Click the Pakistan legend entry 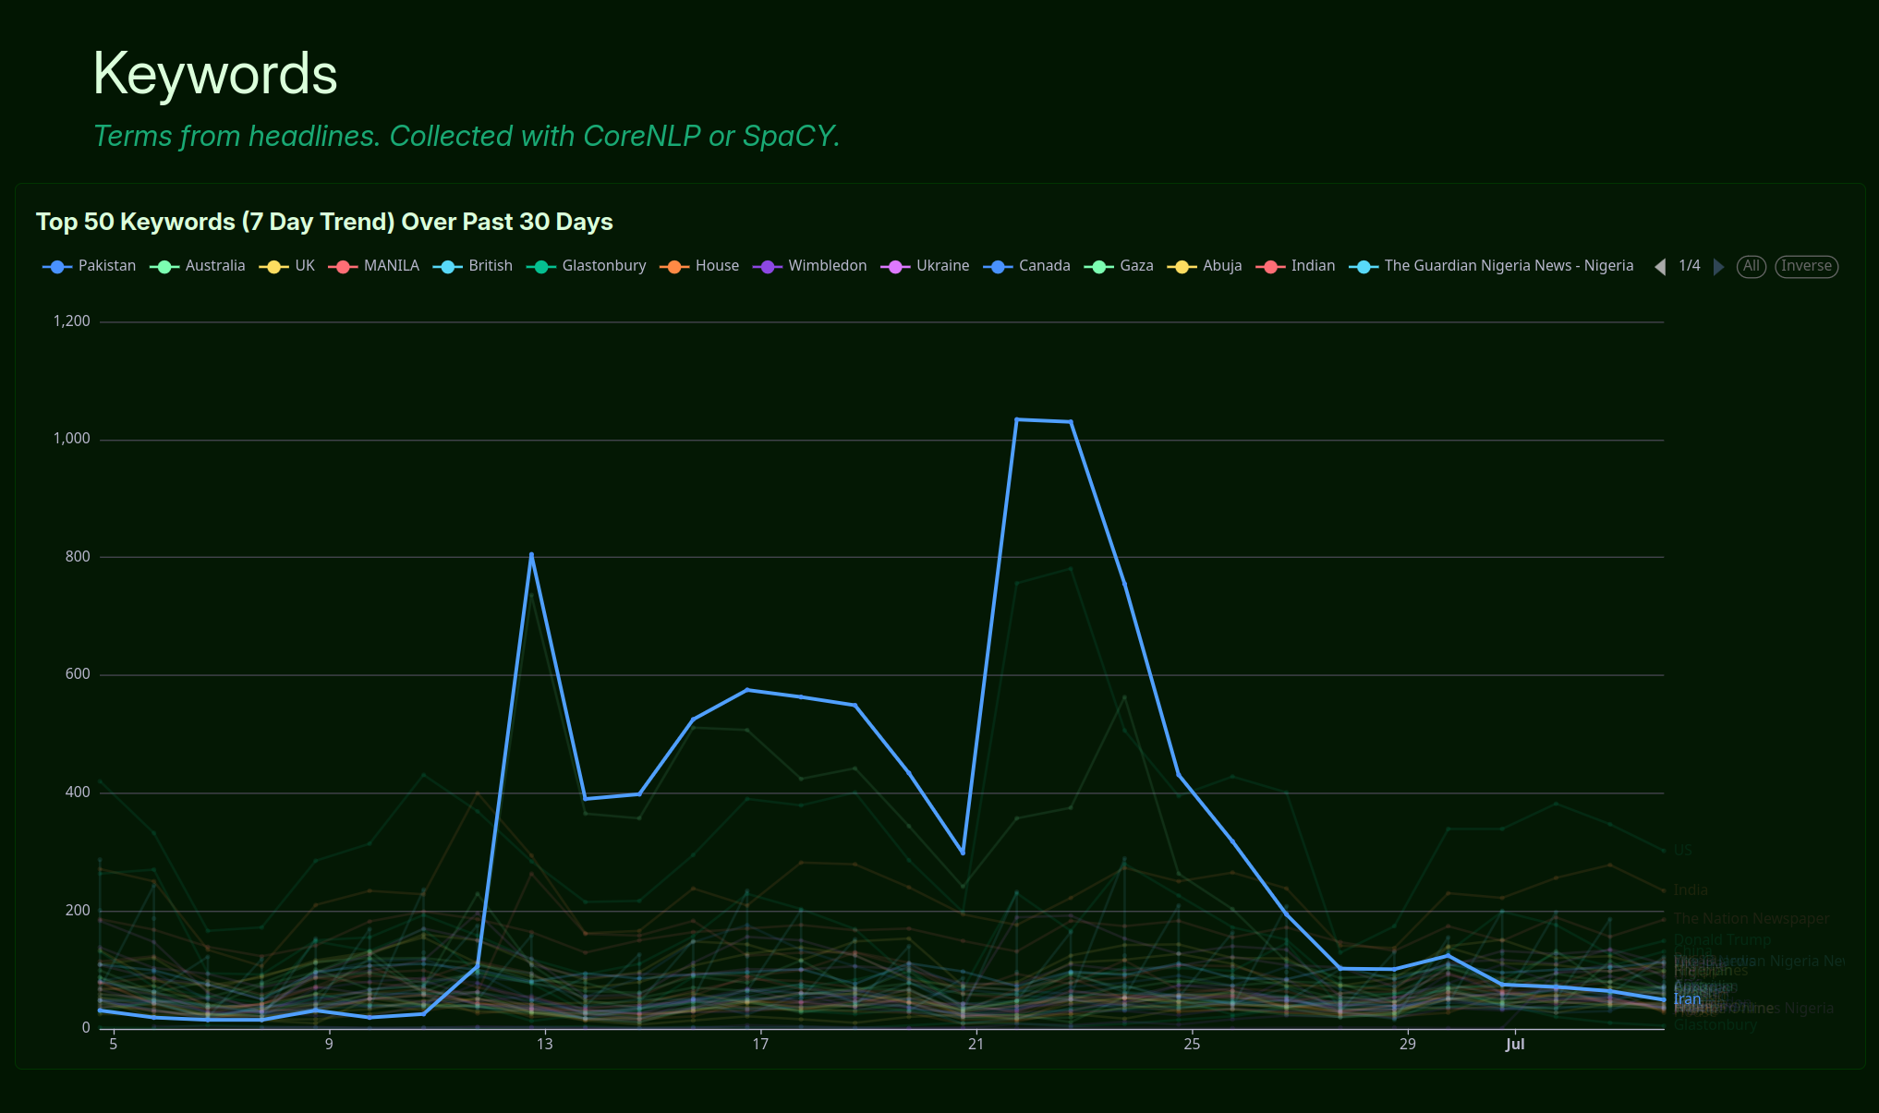pyautogui.click(x=90, y=266)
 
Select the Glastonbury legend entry pyautogui.click(x=587, y=266)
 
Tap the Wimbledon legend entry pyautogui.click(x=810, y=266)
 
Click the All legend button pyautogui.click(x=1751, y=266)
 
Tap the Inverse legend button pyautogui.click(x=1806, y=266)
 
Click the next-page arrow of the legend pyautogui.click(x=1718, y=266)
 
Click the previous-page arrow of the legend pyautogui.click(x=1660, y=266)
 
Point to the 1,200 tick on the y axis pyautogui.click(x=71, y=321)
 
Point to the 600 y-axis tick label pyautogui.click(x=78, y=674)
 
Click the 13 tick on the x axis pyautogui.click(x=545, y=1044)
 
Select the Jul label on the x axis pyautogui.click(x=1515, y=1044)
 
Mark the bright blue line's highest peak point pyautogui.click(x=1016, y=419)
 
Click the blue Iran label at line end pyautogui.click(x=1687, y=999)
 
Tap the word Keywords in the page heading pyautogui.click(x=215, y=74)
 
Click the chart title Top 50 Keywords pyautogui.click(x=324, y=222)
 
